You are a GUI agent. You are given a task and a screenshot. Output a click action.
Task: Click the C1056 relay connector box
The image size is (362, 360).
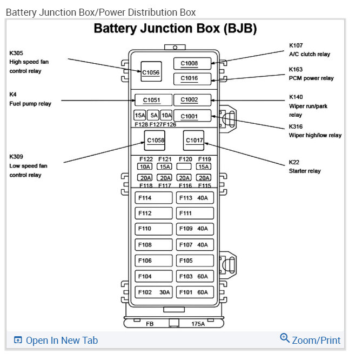point(151,71)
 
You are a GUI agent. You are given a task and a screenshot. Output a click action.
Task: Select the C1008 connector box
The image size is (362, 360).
point(192,63)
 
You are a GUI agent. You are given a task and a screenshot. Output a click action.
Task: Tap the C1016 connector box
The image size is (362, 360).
point(192,79)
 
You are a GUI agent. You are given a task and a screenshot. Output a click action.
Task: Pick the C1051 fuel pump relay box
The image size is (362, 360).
point(153,100)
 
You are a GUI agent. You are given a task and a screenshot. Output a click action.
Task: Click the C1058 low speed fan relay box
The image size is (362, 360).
point(155,141)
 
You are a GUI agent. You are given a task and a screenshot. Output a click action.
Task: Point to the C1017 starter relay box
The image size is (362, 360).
point(193,141)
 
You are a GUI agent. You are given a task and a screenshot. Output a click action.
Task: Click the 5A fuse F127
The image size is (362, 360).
point(153,115)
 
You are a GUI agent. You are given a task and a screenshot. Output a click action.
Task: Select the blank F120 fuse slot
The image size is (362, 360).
point(184,166)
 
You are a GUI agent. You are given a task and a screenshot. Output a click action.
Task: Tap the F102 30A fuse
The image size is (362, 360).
point(153,292)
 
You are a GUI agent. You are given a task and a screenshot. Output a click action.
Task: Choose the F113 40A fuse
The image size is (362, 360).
point(195,198)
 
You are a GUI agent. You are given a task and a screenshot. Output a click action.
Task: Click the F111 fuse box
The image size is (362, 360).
point(195,213)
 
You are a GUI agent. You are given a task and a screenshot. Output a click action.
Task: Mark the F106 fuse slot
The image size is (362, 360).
point(153,261)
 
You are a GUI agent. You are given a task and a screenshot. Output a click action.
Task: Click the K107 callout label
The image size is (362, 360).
point(296,45)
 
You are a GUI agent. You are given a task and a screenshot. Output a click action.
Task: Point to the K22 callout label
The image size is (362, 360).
point(294,162)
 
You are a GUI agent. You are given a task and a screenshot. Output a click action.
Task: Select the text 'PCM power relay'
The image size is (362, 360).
point(311,78)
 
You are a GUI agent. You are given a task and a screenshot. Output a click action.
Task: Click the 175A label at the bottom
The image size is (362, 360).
point(198,324)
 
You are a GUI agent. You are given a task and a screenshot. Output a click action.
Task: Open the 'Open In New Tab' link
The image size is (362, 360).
point(56,341)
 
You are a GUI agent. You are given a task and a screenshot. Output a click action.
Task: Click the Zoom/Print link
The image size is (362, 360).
point(310,339)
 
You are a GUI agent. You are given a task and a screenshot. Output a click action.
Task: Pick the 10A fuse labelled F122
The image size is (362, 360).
point(145,166)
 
